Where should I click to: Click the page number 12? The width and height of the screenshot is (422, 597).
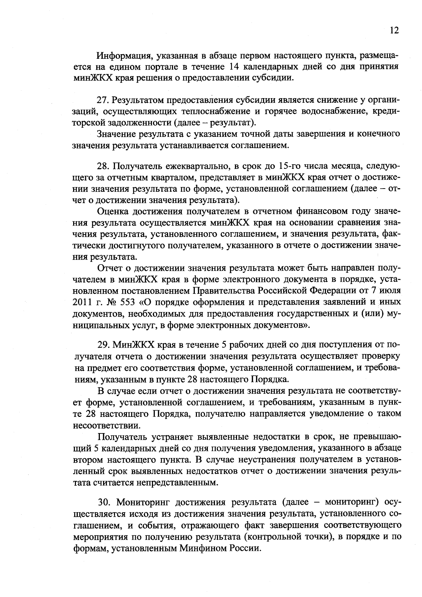pyautogui.click(x=394, y=31)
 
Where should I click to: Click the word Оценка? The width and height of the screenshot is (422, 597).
pyautogui.click(x=112, y=211)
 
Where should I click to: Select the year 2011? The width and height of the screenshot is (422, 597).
pyautogui.click(x=82, y=302)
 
